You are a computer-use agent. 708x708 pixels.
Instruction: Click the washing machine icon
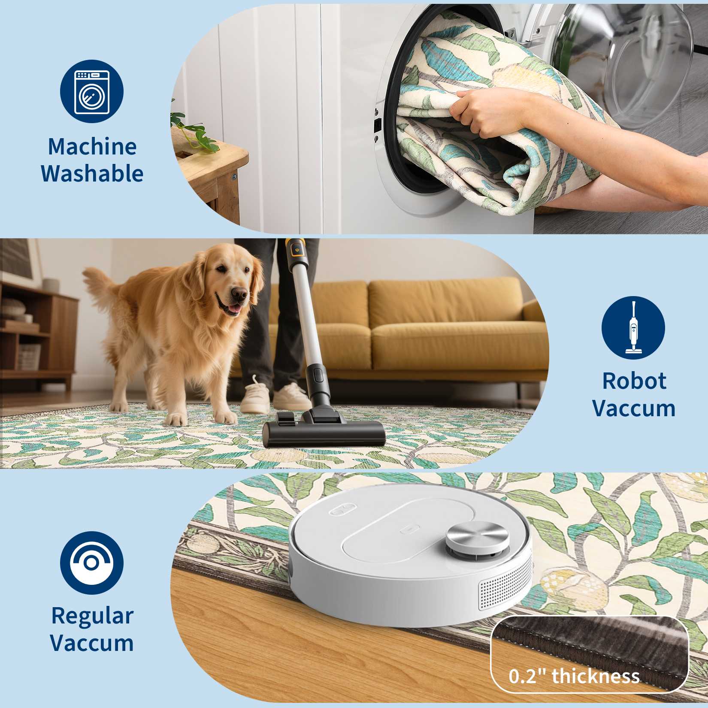point(92,92)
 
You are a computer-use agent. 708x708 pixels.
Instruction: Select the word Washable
point(92,174)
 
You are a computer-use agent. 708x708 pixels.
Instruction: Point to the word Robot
point(634,381)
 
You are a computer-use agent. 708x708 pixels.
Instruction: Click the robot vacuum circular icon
point(92,563)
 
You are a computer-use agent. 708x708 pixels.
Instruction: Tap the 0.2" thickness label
point(574,676)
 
